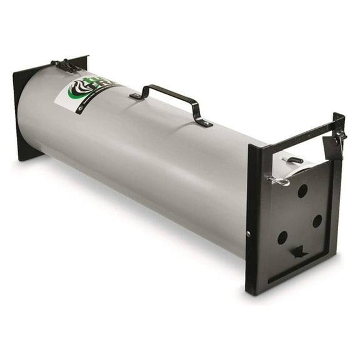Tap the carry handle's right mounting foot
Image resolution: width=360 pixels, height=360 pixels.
204,123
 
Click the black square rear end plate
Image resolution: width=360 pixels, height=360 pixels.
25,112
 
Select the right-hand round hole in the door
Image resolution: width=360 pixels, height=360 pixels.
317,221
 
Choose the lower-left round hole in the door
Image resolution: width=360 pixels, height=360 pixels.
282,237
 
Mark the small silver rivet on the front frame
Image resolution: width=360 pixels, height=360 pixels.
249,234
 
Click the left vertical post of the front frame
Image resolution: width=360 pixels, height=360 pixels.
253,219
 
